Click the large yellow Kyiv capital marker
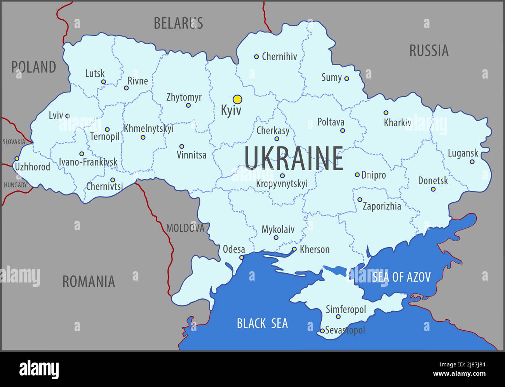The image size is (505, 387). [x=237, y=99]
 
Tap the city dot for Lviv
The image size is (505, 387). [x=68, y=116]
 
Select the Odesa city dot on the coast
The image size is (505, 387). [x=242, y=258]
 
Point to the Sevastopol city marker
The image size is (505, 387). [x=322, y=331]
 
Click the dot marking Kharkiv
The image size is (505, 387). [x=386, y=113]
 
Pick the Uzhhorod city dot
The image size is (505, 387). [x=17, y=159]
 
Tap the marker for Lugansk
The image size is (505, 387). [x=472, y=162]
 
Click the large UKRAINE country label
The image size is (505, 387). [x=294, y=159]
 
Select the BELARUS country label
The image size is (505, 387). [x=178, y=23]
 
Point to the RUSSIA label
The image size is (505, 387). [x=429, y=51]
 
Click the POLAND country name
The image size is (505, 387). [x=33, y=67]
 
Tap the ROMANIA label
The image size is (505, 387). [x=89, y=281]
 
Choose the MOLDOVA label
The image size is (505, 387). [x=185, y=228]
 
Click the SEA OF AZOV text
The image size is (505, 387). [x=401, y=277]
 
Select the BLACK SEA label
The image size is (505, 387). [x=263, y=323]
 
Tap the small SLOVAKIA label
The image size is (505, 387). [x=14, y=142]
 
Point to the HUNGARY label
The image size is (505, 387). [x=15, y=185]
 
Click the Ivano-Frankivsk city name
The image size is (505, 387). [x=88, y=162]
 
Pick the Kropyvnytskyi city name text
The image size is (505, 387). [x=282, y=183]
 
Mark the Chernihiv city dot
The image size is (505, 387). [x=256, y=57]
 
